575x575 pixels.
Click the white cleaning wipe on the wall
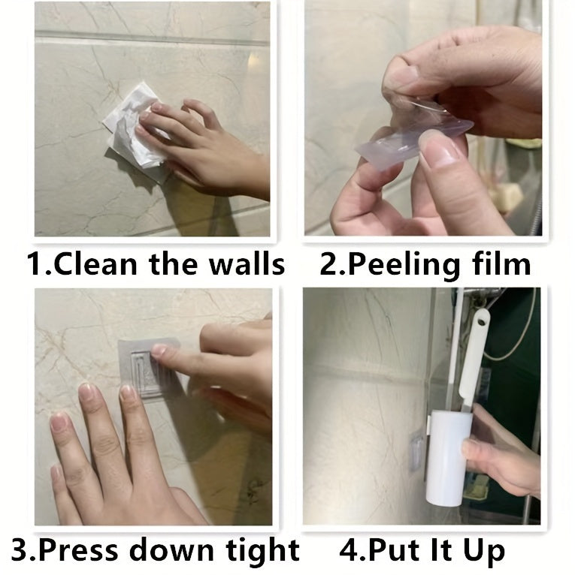(135, 135)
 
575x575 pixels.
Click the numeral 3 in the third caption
(21, 549)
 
